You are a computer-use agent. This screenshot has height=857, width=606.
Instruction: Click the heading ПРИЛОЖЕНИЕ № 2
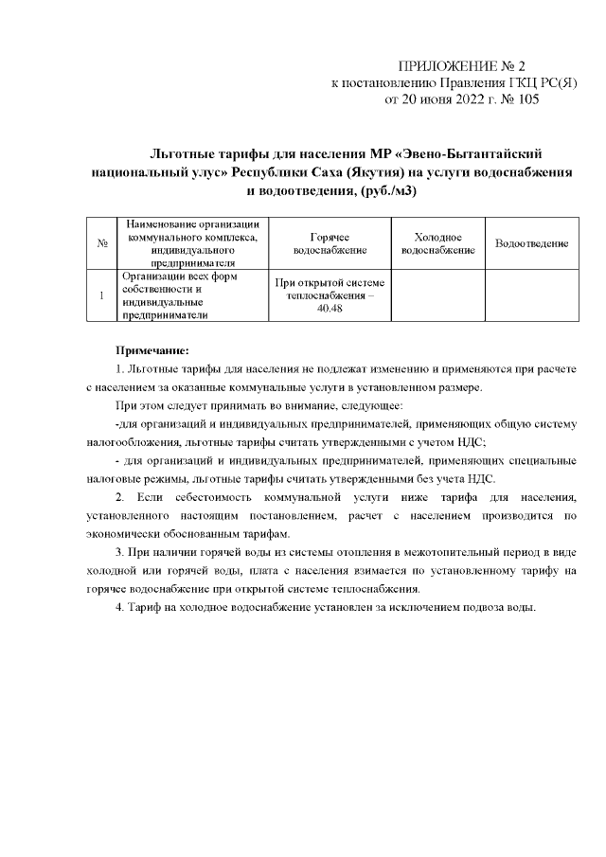click(x=462, y=66)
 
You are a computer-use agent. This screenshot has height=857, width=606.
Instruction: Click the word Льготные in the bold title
click(x=192, y=153)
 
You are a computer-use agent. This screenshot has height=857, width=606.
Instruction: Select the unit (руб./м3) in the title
click(x=377, y=191)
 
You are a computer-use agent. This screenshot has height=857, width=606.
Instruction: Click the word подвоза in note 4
click(x=479, y=607)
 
